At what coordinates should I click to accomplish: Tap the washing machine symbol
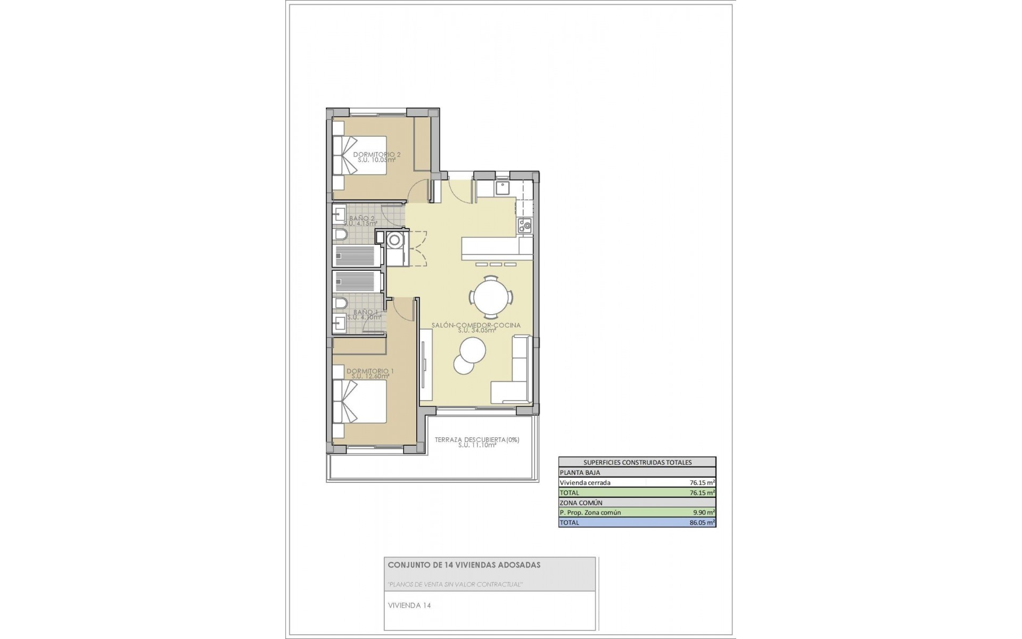pyautogui.click(x=395, y=240)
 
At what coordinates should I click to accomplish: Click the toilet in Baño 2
pyautogui.click(x=341, y=235)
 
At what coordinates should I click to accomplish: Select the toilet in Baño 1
pyautogui.click(x=340, y=304)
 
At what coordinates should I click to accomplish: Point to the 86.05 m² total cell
pyautogui.click(x=702, y=523)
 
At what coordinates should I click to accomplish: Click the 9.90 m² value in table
pyautogui.click(x=703, y=513)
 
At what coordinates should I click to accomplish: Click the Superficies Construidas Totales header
pyautogui.click(x=637, y=463)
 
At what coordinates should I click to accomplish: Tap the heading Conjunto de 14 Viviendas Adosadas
pyautogui.click(x=464, y=565)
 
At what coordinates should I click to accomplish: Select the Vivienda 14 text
pyautogui.click(x=409, y=605)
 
